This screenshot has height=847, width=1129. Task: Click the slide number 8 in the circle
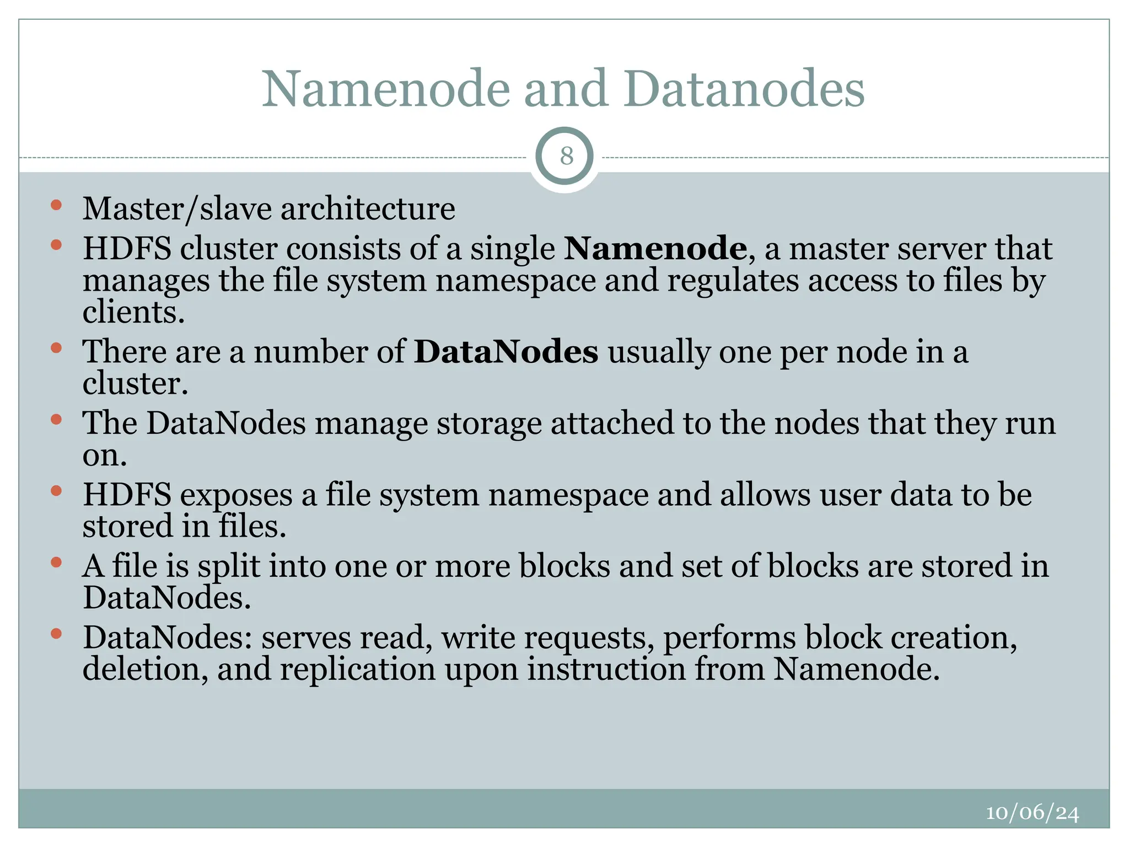(566, 156)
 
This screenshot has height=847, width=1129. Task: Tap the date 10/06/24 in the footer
(1032, 813)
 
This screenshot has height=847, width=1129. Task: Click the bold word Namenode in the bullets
(655, 248)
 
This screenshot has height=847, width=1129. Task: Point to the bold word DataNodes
(506, 351)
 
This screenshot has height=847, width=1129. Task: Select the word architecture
(368, 209)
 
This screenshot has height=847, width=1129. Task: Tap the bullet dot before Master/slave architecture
(56, 206)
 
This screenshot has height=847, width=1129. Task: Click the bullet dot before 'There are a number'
(56, 348)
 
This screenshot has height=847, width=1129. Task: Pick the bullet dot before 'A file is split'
(56, 562)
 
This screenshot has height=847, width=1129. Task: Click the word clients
(133, 312)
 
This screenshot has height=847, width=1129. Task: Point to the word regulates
(733, 281)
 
